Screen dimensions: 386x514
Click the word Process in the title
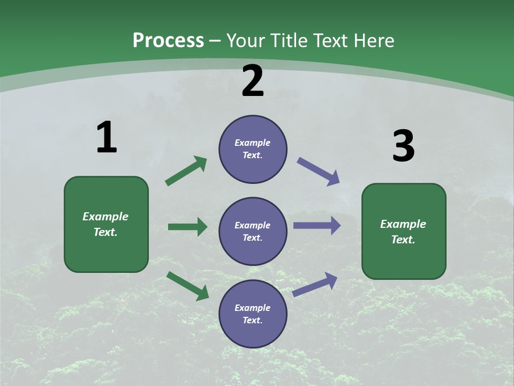[x=168, y=41]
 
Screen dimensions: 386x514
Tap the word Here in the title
[x=373, y=41]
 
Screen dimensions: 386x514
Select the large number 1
[x=106, y=138]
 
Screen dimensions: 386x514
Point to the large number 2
[x=253, y=81]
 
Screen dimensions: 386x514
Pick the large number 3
[x=403, y=146]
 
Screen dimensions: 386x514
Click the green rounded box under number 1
[x=106, y=224]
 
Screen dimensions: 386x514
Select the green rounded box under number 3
[x=404, y=232]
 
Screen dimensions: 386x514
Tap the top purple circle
[x=253, y=149]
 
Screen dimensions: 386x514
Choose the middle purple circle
[x=253, y=232]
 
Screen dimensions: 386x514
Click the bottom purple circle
[x=253, y=314]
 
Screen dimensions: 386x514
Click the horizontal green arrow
[x=187, y=227]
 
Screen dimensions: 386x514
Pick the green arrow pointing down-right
[x=187, y=286]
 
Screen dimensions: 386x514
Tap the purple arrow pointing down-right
[x=318, y=172]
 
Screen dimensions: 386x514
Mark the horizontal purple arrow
[x=317, y=225]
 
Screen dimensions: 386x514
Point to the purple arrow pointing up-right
[x=315, y=284]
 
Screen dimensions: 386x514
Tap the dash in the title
[x=215, y=41]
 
